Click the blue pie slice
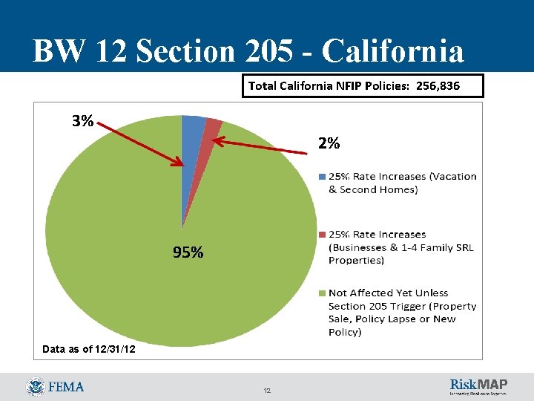tap(192, 141)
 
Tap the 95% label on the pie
tap(188, 252)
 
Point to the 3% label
tap(82, 121)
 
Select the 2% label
tap(329, 144)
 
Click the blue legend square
tap(321, 177)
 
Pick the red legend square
tap(321, 235)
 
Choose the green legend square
tap(321, 293)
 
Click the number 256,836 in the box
tap(438, 86)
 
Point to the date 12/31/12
tap(111, 348)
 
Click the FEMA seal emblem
tap(35, 387)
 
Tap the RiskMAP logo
tap(478, 386)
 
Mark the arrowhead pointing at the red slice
tap(217, 137)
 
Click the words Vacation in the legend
tap(450, 177)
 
